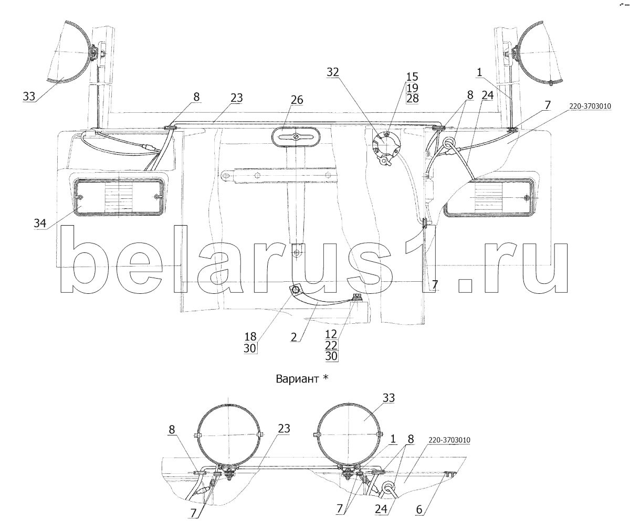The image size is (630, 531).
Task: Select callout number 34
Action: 40,222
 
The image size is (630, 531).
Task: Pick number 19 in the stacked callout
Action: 412,87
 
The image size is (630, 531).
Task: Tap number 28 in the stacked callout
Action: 412,98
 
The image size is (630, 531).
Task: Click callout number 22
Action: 331,345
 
